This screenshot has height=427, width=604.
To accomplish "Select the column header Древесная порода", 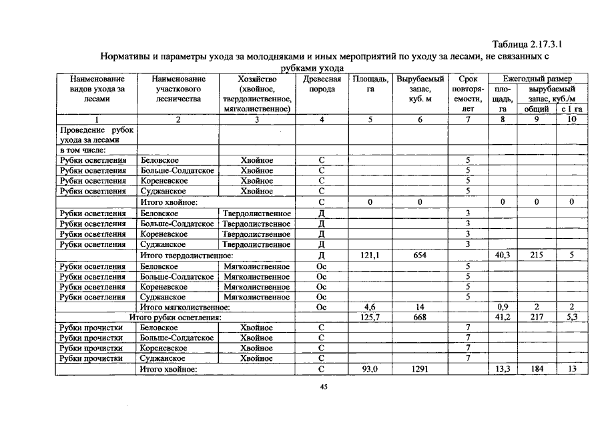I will pyautogui.click(x=322, y=84).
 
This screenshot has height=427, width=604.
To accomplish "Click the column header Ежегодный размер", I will pyautogui.click(x=537, y=79).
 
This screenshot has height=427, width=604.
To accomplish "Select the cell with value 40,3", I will pyautogui.click(x=503, y=255).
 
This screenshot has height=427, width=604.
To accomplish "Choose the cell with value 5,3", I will pyautogui.click(x=572, y=318).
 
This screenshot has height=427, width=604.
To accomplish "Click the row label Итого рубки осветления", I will pyautogui.click(x=176, y=318).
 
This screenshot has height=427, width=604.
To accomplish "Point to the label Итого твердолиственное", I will pyautogui.click(x=186, y=255).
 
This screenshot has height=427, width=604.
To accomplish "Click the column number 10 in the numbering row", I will pyautogui.click(x=572, y=119).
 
